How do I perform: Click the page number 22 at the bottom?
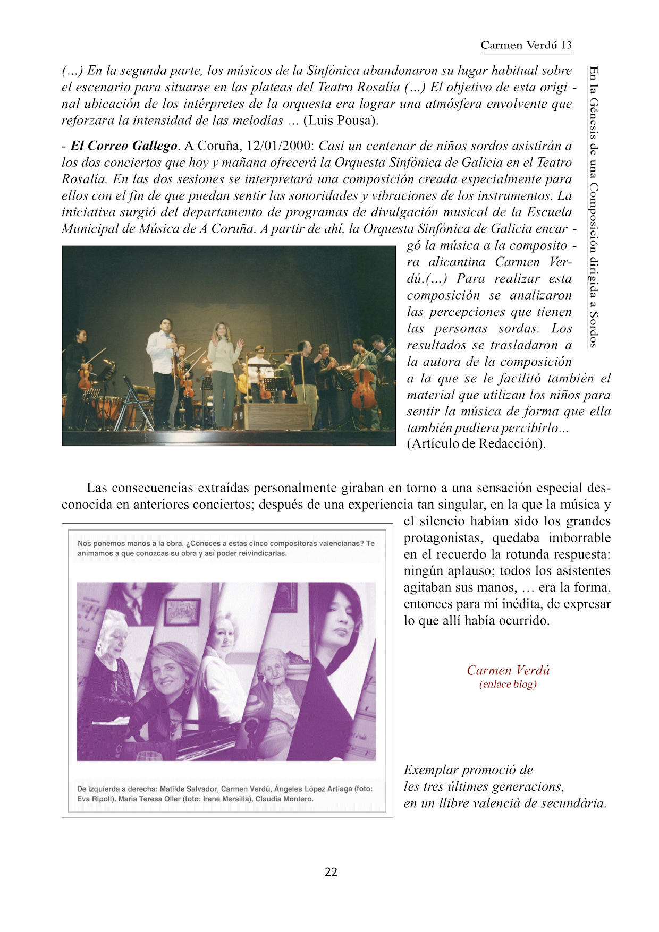coord(331,871)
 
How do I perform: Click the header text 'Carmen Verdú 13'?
coord(526,45)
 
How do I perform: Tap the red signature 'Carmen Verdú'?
coord(508,670)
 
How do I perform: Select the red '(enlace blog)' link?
coord(508,684)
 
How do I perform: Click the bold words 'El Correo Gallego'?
coord(124,146)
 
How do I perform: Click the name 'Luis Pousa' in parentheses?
coord(340,120)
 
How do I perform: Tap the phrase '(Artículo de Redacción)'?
coord(476,443)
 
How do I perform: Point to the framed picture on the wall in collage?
coord(182,612)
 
